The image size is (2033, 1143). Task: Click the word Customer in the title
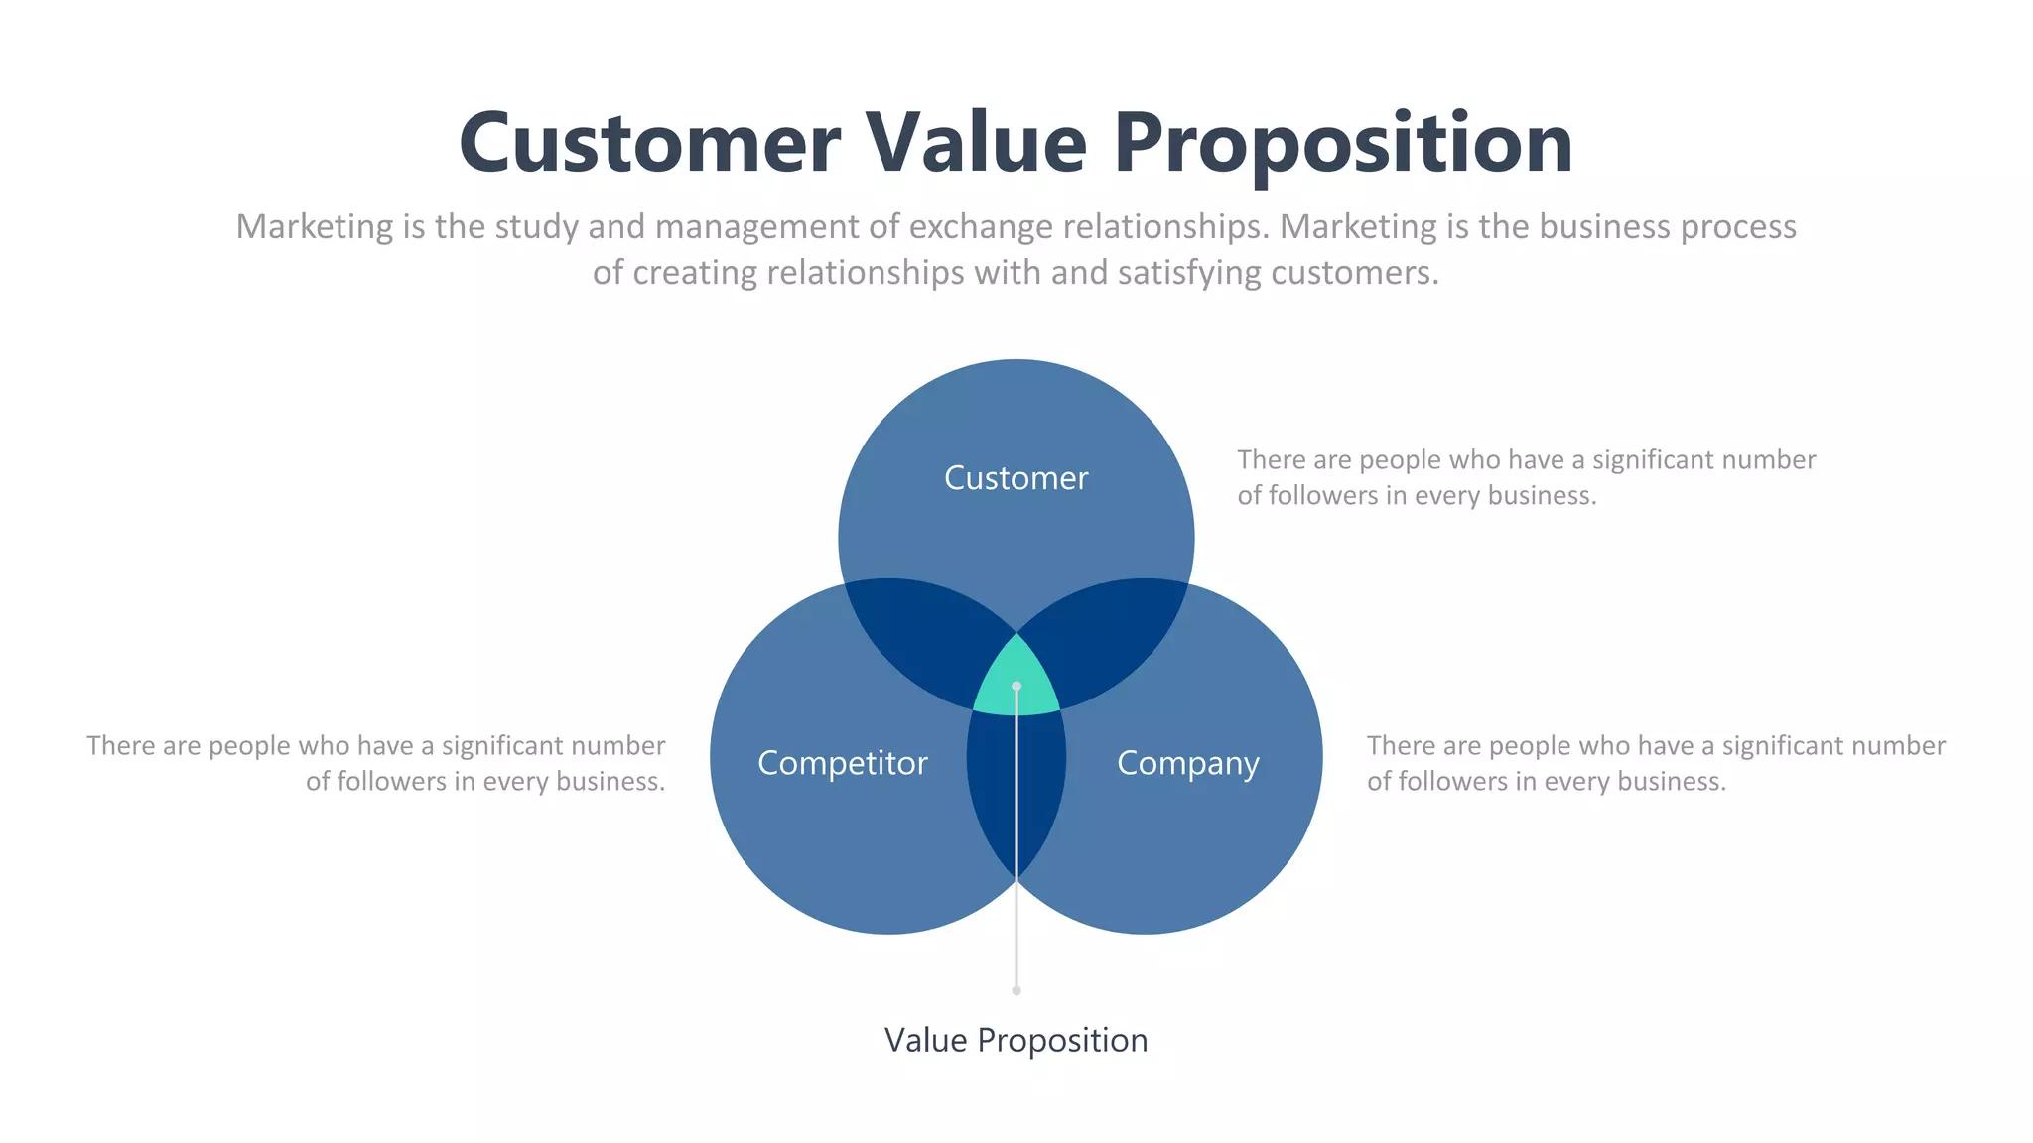coord(650,144)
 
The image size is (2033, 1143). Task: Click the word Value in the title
coord(977,144)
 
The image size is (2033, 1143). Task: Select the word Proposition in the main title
coord(1342,144)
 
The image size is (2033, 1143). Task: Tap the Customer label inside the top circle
coord(1016,478)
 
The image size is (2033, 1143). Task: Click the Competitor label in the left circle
coord(843,763)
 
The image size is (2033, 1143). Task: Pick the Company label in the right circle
coord(1187,763)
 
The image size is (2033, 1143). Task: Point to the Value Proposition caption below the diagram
coord(1016,1040)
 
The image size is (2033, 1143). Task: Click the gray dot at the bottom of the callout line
coord(1016,990)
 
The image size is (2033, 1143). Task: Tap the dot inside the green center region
coord(1016,686)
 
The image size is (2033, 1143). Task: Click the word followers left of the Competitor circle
coord(391,782)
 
